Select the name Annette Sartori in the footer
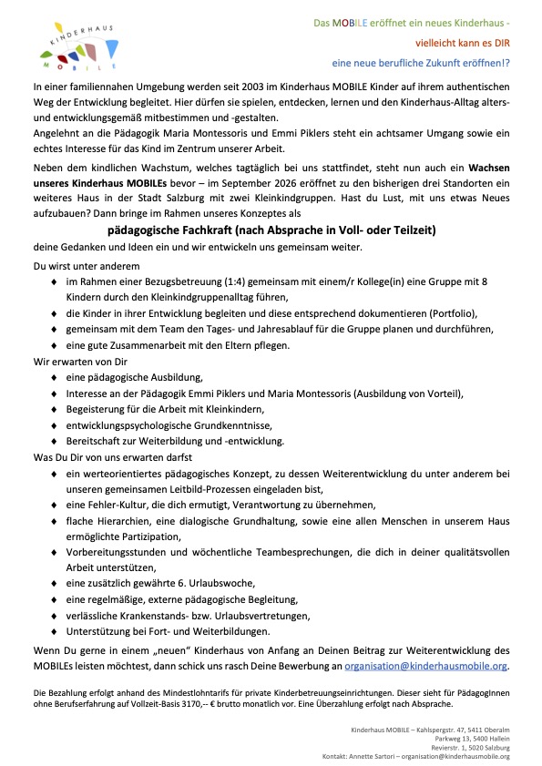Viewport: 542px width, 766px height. tap(403, 756)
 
